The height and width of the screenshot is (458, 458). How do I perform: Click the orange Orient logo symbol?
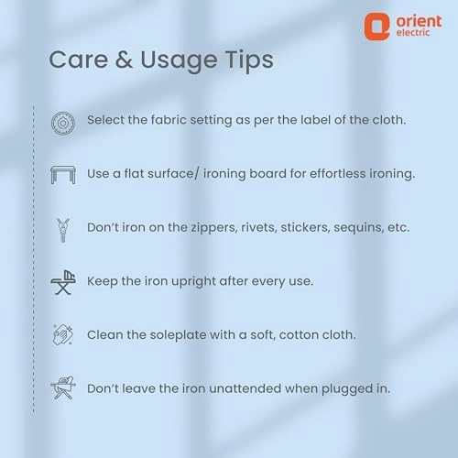point(376,27)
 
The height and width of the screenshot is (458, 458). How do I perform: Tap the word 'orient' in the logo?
point(419,21)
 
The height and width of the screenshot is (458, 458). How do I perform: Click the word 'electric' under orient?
point(413,32)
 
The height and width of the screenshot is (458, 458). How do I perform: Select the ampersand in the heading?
point(124,60)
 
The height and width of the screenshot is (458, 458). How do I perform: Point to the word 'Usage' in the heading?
point(179,61)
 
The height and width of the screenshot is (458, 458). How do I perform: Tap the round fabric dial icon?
point(63,124)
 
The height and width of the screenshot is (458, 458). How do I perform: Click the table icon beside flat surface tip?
point(63,175)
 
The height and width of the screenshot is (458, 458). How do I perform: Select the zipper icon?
point(63,230)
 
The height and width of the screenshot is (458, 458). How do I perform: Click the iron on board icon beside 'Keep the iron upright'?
point(63,282)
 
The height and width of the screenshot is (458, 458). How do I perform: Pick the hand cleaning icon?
point(63,334)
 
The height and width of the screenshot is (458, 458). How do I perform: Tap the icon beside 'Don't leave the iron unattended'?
point(63,387)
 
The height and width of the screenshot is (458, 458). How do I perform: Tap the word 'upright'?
point(193,282)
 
